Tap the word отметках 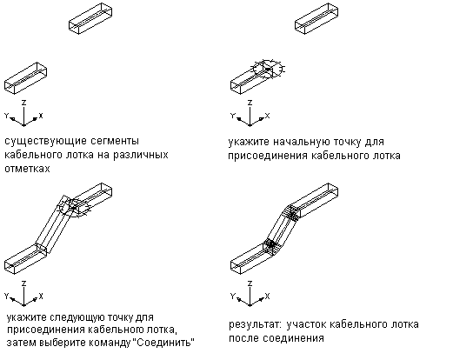coord(27,169)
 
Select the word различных coord(141,155)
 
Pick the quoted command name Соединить coord(164,343)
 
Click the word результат coord(255,325)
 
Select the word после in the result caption coord(244,338)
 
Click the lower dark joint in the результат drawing coord(271,245)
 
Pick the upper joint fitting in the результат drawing coord(293,214)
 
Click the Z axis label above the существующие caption coord(24,102)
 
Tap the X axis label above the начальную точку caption coord(267,116)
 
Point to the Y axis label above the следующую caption coord(7,296)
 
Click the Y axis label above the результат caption coord(232,296)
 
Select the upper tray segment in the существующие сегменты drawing coord(90,18)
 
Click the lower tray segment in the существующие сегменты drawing coord(25,78)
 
